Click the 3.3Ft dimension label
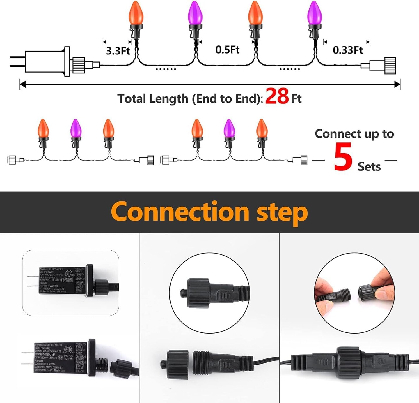pyautogui.click(x=118, y=51)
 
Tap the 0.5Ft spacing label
pyautogui.click(x=227, y=50)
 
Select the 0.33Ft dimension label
pyautogui.click(x=347, y=50)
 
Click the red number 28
pyautogui.click(x=277, y=96)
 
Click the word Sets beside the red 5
pyautogui.click(x=369, y=167)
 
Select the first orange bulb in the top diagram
pyautogui.click(x=136, y=13)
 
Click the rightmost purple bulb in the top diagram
pyautogui.click(x=314, y=13)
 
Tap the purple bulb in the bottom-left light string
pyautogui.click(x=76, y=128)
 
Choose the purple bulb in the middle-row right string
pyautogui.click(x=229, y=128)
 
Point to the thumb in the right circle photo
pyautogui.click(x=326, y=306)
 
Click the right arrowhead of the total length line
pyautogui.click(x=397, y=85)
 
